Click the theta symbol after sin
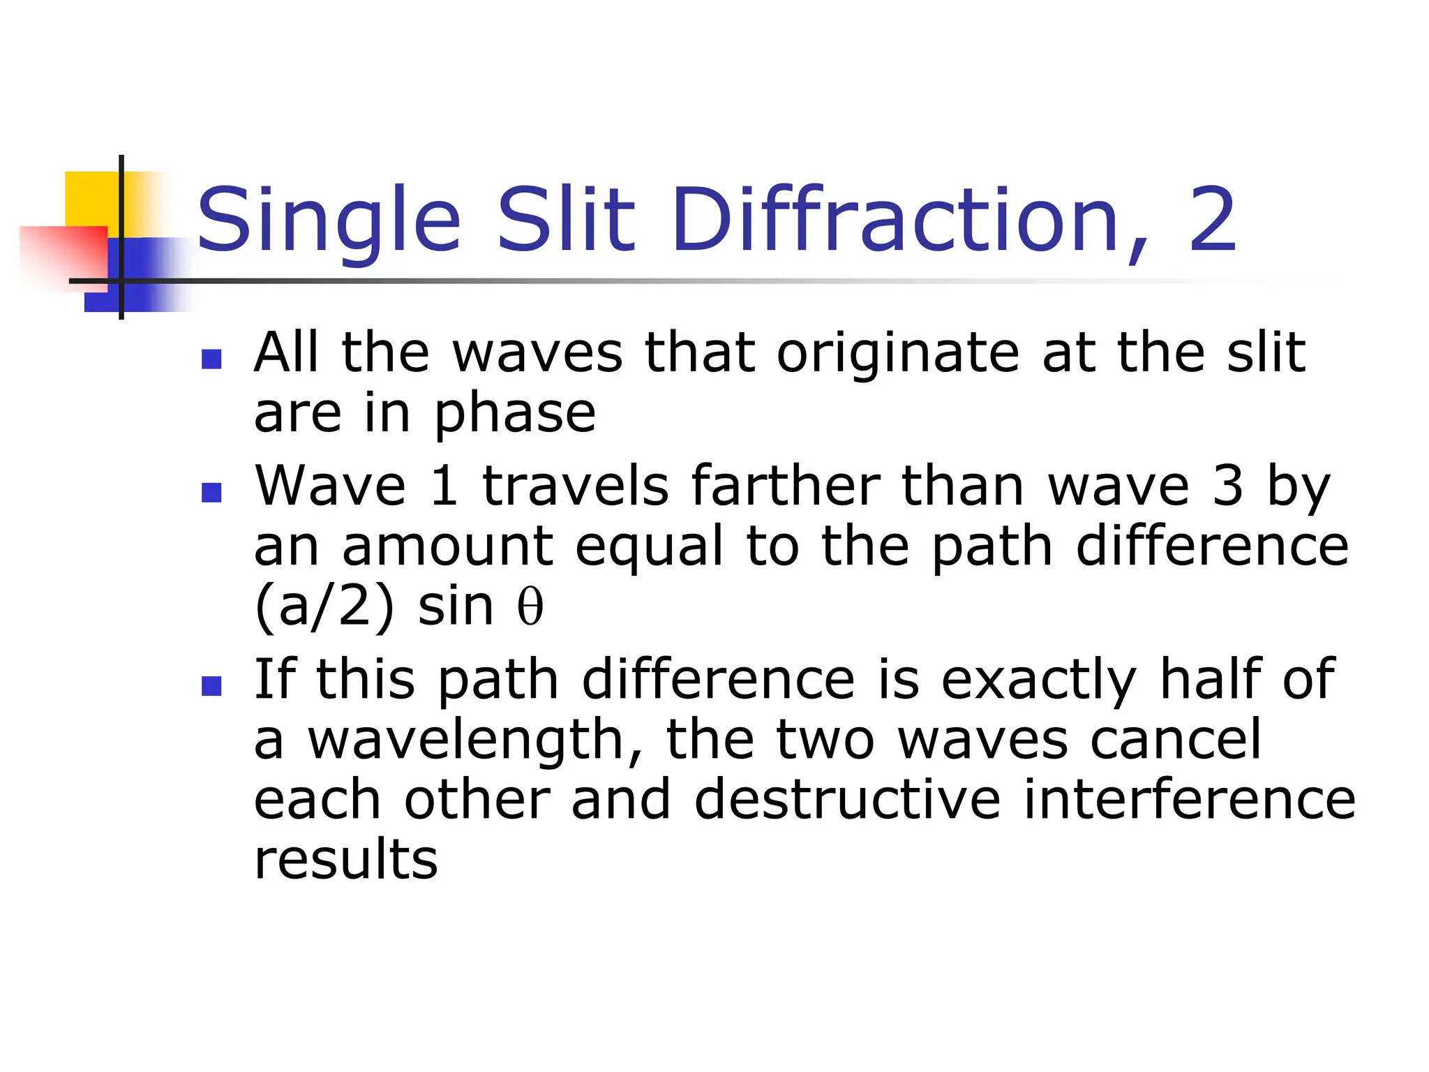(x=530, y=606)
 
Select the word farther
(x=786, y=486)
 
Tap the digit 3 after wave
(x=1228, y=486)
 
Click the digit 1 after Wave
(x=444, y=486)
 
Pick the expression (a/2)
(x=324, y=607)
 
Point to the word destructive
(x=847, y=799)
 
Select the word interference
(x=1189, y=799)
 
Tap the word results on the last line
(x=346, y=860)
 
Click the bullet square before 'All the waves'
(x=211, y=359)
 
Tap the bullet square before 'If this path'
(x=211, y=686)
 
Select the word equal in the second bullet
(x=649, y=546)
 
